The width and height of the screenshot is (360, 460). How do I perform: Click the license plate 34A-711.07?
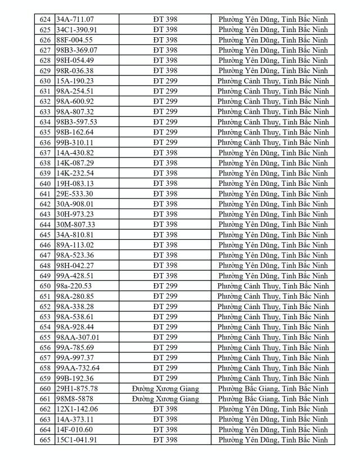click(x=76, y=20)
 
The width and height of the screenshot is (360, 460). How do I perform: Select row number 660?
click(x=45, y=388)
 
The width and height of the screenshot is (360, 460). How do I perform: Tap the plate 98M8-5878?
click(x=74, y=399)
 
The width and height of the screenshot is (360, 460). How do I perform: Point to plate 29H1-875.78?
click(x=77, y=388)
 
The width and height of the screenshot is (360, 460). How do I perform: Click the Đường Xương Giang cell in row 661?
click(x=165, y=399)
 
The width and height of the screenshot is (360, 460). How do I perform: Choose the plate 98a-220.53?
click(x=74, y=286)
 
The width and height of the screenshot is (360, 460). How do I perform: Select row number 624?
click(x=45, y=20)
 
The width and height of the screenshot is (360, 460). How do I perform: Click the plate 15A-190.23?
click(x=75, y=81)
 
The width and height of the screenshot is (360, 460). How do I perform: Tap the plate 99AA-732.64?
click(x=78, y=368)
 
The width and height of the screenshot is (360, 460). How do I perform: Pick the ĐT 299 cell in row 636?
click(x=165, y=142)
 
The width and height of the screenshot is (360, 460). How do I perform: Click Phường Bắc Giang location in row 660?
click(x=273, y=388)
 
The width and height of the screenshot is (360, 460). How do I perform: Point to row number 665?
click(x=45, y=440)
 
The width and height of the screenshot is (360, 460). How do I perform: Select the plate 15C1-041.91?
click(x=76, y=440)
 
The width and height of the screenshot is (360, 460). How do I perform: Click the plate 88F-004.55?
click(x=74, y=40)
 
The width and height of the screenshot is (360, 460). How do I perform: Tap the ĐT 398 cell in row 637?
click(x=165, y=153)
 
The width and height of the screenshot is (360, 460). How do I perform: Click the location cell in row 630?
click(x=273, y=81)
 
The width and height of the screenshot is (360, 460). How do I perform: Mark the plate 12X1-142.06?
click(x=76, y=409)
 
